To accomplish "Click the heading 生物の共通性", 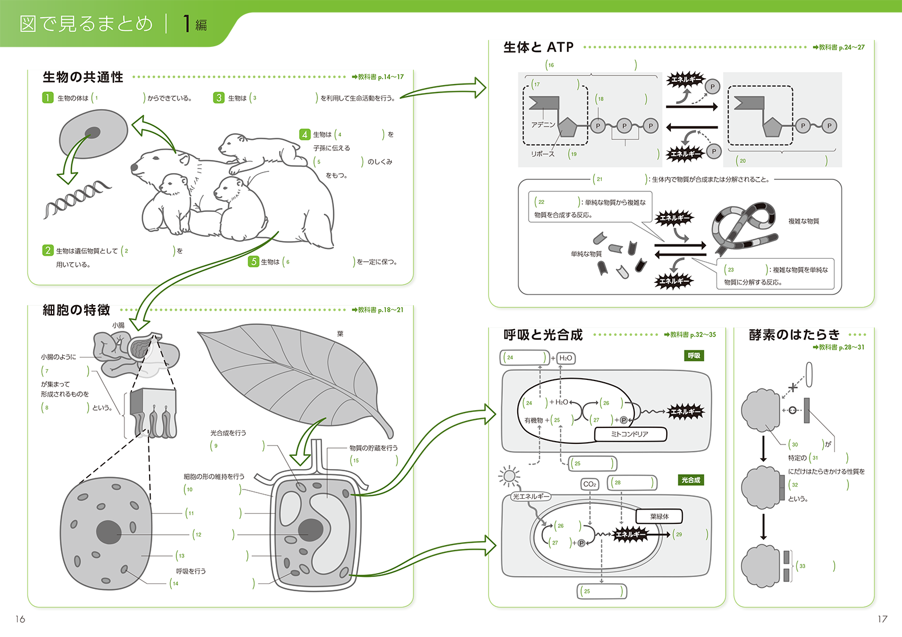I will pyautogui.click(x=83, y=77).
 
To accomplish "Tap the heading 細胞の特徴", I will pyautogui.click(x=76, y=310).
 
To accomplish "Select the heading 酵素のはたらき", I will pyautogui.click(x=794, y=335).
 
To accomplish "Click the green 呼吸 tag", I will pyautogui.click(x=694, y=356).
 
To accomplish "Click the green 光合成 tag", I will pyautogui.click(x=691, y=480).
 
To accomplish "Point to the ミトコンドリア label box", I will pyautogui.click(x=630, y=434).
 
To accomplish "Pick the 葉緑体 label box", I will pyautogui.click(x=659, y=516).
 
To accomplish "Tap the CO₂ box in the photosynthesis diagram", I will pyautogui.click(x=590, y=484).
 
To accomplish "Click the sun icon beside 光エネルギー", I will pyautogui.click(x=509, y=475).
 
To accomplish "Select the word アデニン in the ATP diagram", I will pyautogui.click(x=543, y=125).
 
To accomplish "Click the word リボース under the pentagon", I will pyautogui.click(x=542, y=154).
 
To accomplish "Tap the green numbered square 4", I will pyautogui.click(x=305, y=134).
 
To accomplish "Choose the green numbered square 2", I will pyautogui.click(x=48, y=250).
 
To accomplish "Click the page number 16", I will pyautogui.click(x=21, y=619).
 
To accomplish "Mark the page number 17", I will pyautogui.click(x=882, y=619).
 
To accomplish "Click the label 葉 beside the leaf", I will pyautogui.click(x=340, y=334).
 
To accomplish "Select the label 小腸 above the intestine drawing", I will pyautogui.click(x=118, y=325).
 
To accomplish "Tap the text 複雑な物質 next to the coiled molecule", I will pyautogui.click(x=803, y=221).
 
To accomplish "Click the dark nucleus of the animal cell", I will pyautogui.click(x=108, y=532).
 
